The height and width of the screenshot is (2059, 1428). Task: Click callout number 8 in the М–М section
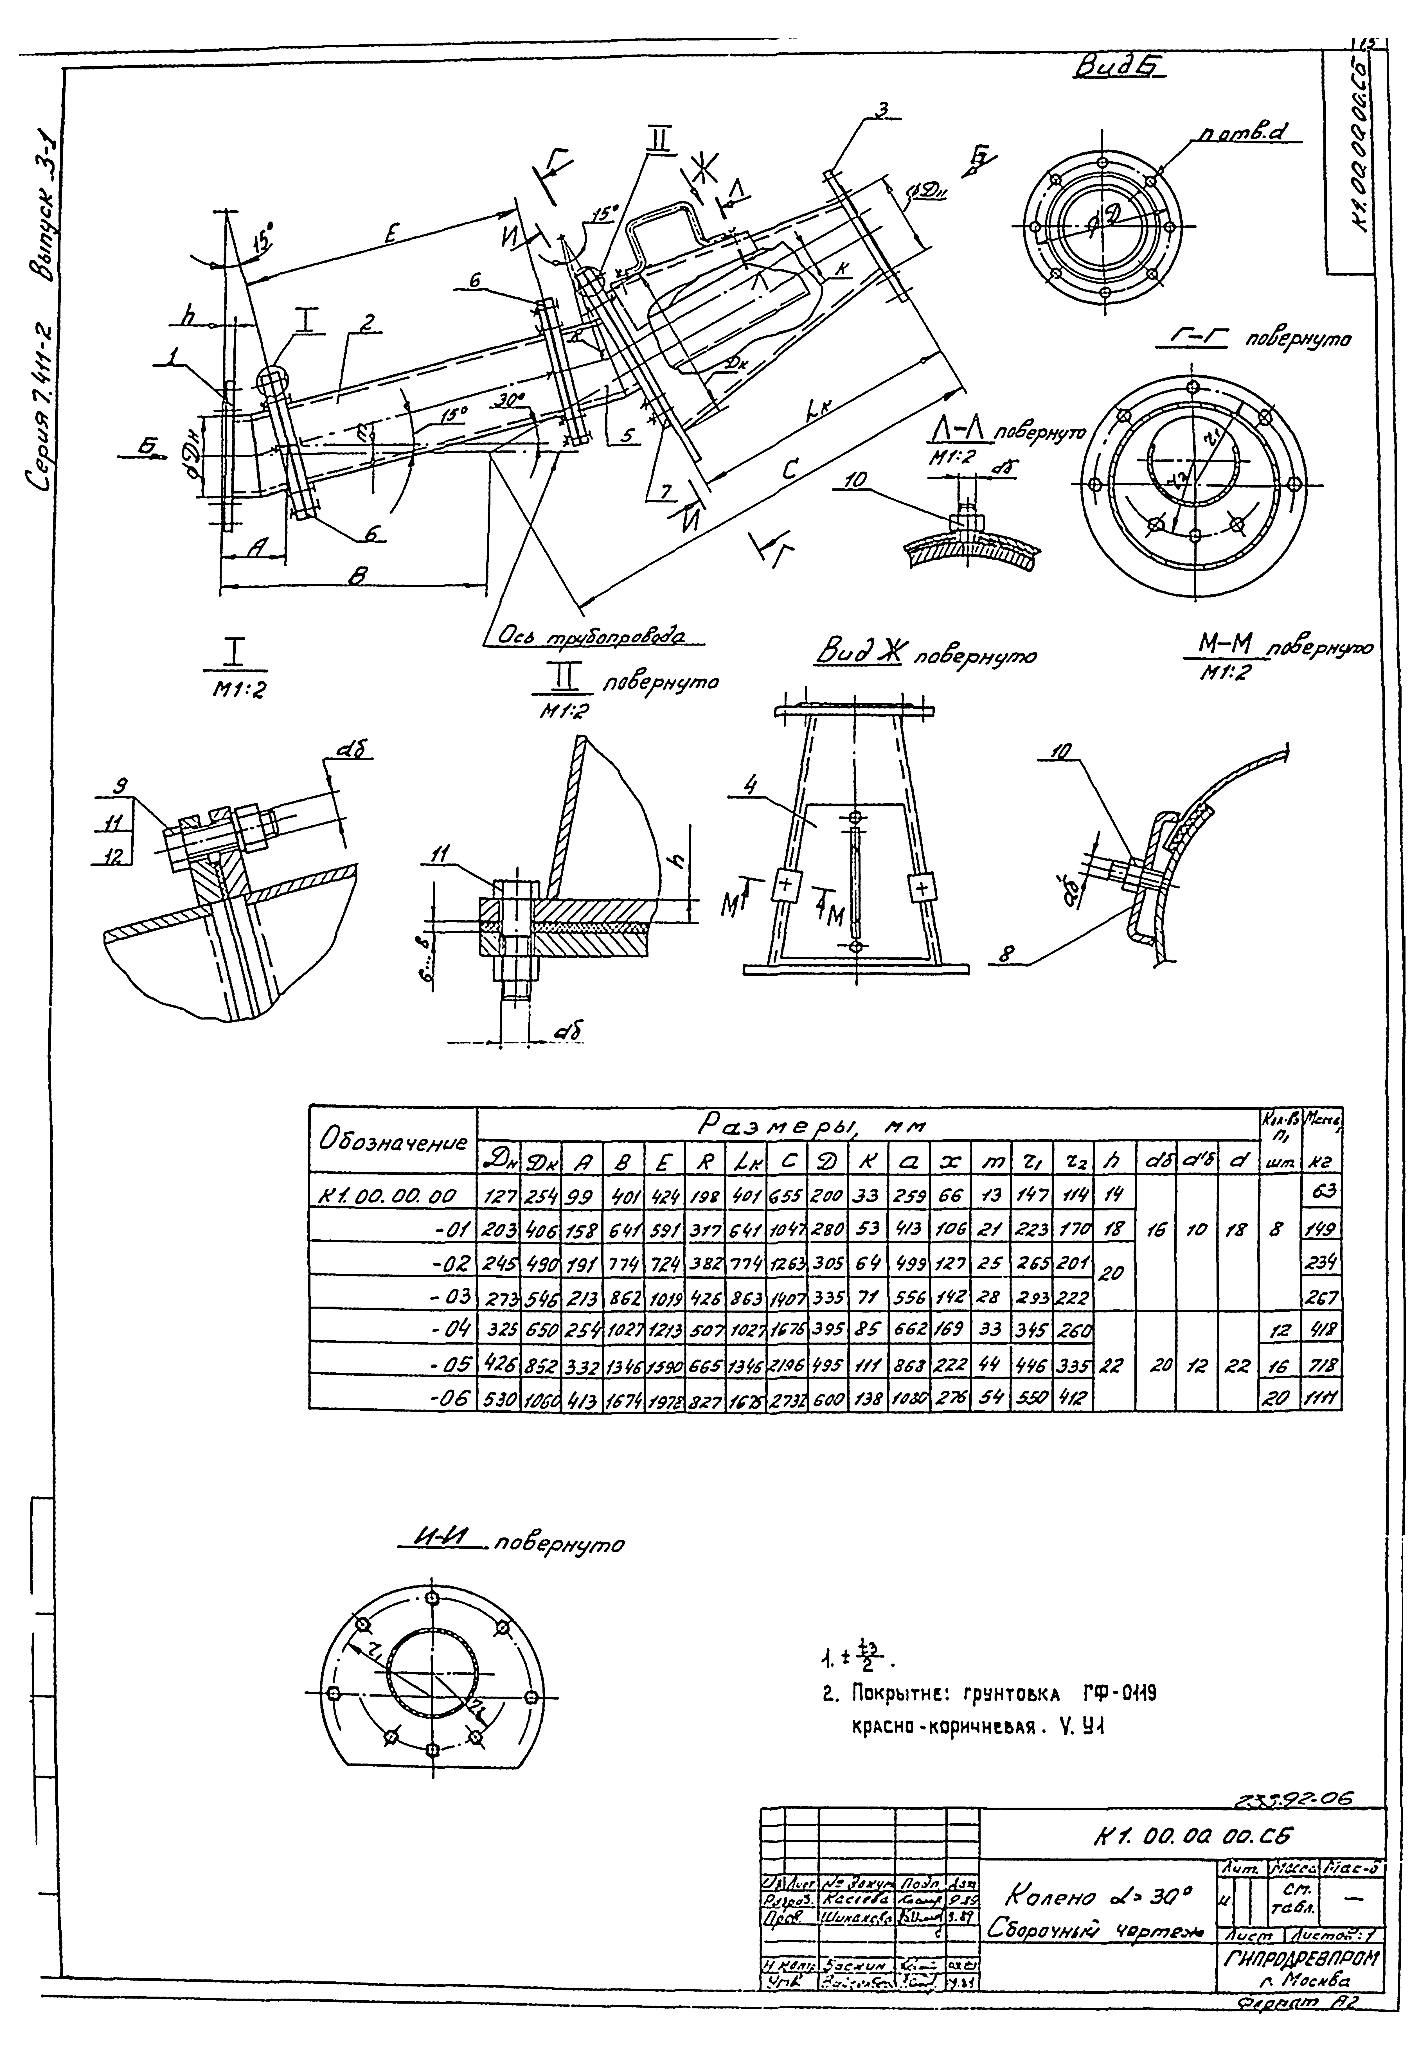(1006, 955)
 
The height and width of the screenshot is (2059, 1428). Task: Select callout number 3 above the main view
(881, 111)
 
